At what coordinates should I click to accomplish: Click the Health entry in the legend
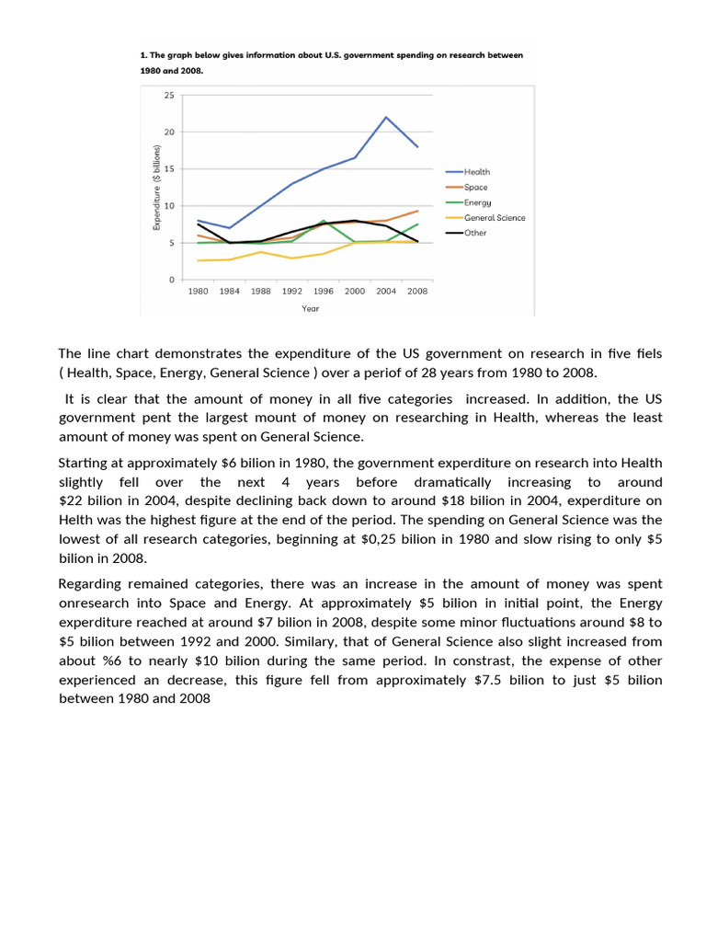[x=477, y=172]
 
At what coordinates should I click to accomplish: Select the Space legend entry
[x=475, y=187]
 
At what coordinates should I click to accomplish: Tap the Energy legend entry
[x=477, y=202]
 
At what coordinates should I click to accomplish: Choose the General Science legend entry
[x=495, y=218]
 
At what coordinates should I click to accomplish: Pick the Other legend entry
[x=475, y=233]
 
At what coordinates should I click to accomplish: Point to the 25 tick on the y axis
[x=169, y=95]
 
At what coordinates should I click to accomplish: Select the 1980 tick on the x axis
[x=198, y=291]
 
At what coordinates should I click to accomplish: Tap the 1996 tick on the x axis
[x=323, y=291]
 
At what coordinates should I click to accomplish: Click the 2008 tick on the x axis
[x=417, y=291]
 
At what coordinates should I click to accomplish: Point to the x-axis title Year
[x=311, y=308]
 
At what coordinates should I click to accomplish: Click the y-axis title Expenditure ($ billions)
[x=157, y=187]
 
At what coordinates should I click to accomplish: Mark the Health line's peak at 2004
[x=386, y=117]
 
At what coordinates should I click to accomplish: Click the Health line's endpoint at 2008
[x=418, y=146]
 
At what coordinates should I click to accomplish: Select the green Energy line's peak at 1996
[x=324, y=221]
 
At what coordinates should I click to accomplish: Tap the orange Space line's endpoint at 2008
[x=418, y=211]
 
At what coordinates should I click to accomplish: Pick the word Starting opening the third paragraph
[x=85, y=463]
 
